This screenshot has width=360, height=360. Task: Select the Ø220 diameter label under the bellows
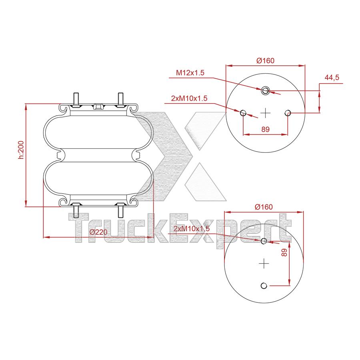tap(99, 232)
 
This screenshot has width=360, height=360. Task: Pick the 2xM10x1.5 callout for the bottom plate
tap(192, 228)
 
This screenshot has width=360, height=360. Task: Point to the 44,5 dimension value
tap(332, 78)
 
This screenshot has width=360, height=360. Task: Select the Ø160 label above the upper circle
tap(265, 61)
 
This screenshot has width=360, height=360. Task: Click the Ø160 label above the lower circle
tap(263, 207)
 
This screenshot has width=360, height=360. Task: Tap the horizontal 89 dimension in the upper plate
tap(265, 129)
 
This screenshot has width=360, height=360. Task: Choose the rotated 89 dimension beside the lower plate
tap(284, 252)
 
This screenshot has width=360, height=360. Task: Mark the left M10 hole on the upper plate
tap(243, 113)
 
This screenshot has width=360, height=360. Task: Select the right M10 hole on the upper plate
tap(288, 113)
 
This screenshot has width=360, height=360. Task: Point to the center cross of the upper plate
tap(265, 113)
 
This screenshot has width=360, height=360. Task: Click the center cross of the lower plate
tap(263, 263)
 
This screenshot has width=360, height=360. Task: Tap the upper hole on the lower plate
tap(263, 241)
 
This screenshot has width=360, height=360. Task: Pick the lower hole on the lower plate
tap(263, 286)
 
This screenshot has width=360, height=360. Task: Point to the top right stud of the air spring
tap(120, 98)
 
